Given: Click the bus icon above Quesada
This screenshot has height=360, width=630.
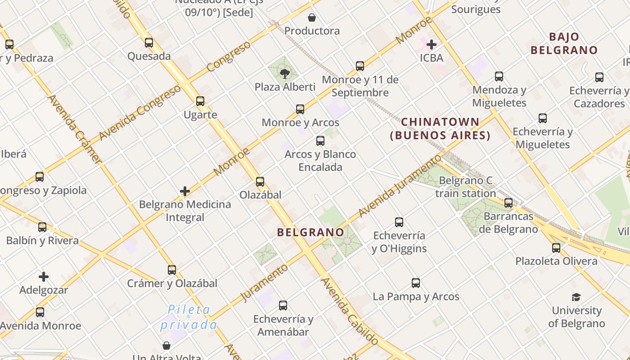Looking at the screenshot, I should (x=149, y=43).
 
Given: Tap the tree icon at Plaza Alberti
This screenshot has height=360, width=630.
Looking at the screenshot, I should (x=284, y=73).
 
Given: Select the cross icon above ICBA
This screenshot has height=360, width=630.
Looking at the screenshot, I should (x=432, y=45).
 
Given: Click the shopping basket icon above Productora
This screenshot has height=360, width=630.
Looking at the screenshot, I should (x=312, y=18).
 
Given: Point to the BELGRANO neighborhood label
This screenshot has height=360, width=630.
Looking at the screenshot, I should (x=310, y=232).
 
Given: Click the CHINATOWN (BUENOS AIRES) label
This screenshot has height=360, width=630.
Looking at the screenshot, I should (x=440, y=129).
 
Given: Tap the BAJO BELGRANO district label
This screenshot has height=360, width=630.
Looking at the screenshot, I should (x=564, y=44).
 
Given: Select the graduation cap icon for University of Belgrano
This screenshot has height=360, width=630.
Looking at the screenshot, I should (x=576, y=297).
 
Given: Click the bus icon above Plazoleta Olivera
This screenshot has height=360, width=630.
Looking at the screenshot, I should (x=556, y=247).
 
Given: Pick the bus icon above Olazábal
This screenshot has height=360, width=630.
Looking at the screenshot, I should (x=260, y=182).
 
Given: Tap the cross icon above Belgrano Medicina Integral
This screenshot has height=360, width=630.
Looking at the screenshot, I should (x=185, y=191).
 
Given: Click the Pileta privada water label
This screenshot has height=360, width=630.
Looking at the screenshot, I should (x=189, y=317).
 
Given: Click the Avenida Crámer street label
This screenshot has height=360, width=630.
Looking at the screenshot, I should (x=75, y=129).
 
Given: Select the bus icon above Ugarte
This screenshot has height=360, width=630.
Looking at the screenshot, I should (x=200, y=101).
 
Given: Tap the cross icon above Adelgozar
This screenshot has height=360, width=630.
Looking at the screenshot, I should (x=44, y=277).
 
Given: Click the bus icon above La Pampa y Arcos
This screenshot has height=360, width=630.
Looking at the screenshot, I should (x=416, y=283).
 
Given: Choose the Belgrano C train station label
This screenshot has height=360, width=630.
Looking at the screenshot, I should (x=465, y=187).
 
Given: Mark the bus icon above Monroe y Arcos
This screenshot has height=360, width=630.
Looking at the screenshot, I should (x=300, y=109).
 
